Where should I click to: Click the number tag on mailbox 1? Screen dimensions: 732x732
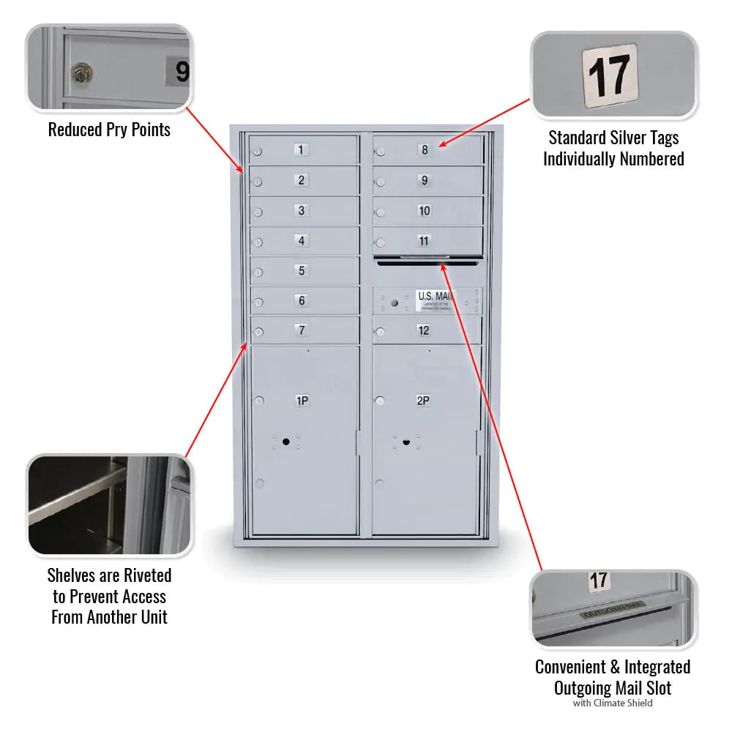click(x=302, y=150)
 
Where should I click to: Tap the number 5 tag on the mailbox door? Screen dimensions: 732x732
click(x=302, y=271)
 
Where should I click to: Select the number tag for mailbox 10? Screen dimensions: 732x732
click(x=424, y=211)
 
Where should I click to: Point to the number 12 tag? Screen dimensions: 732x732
click(x=424, y=331)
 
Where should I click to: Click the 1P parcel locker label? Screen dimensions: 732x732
click(x=302, y=400)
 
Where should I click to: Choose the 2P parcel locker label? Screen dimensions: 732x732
click(x=423, y=400)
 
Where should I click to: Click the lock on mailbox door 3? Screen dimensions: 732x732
click(x=258, y=213)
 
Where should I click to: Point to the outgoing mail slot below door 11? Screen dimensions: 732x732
click(x=426, y=261)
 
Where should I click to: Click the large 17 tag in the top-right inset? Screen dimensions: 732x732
click(x=610, y=75)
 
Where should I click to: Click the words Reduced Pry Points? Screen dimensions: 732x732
click(x=109, y=130)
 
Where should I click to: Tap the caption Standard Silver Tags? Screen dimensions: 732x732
click(x=613, y=138)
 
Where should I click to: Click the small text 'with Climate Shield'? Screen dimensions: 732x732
click(x=613, y=703)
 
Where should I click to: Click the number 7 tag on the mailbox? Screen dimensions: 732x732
click(x=302, y=331)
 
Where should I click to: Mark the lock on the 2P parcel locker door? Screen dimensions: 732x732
click(x=381, y=400)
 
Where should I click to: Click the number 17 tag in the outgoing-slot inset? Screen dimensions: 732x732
click(x=599, y=581)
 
